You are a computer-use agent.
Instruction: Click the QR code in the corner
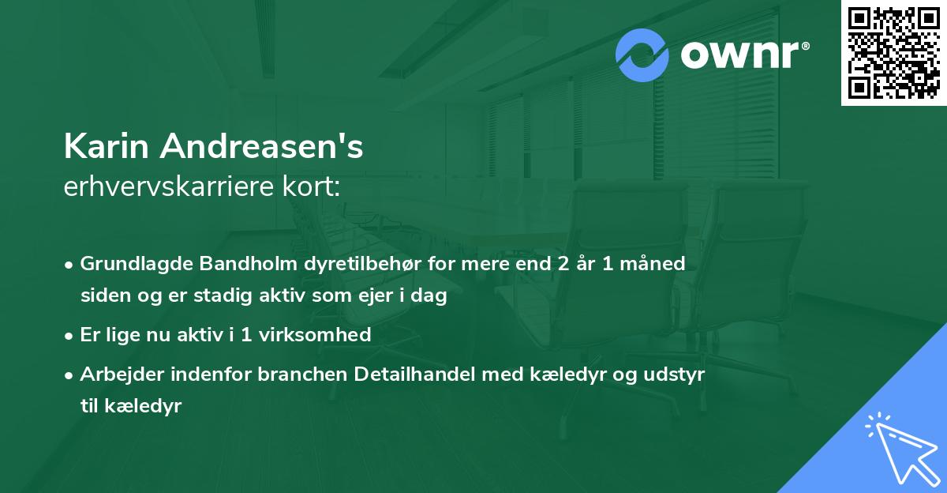(893, 53)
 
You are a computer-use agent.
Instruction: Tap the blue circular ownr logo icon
(642, 55)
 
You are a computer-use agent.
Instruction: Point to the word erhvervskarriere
(167, 187)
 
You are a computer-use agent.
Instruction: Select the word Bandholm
(233, 264)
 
